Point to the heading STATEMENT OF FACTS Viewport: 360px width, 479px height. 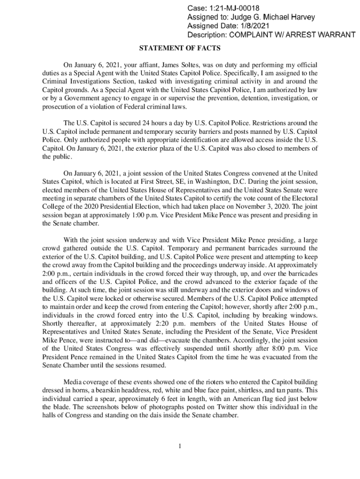coord(180,48)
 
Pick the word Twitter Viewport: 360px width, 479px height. coord(193,407)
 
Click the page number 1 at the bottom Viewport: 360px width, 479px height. coord(180,445)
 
